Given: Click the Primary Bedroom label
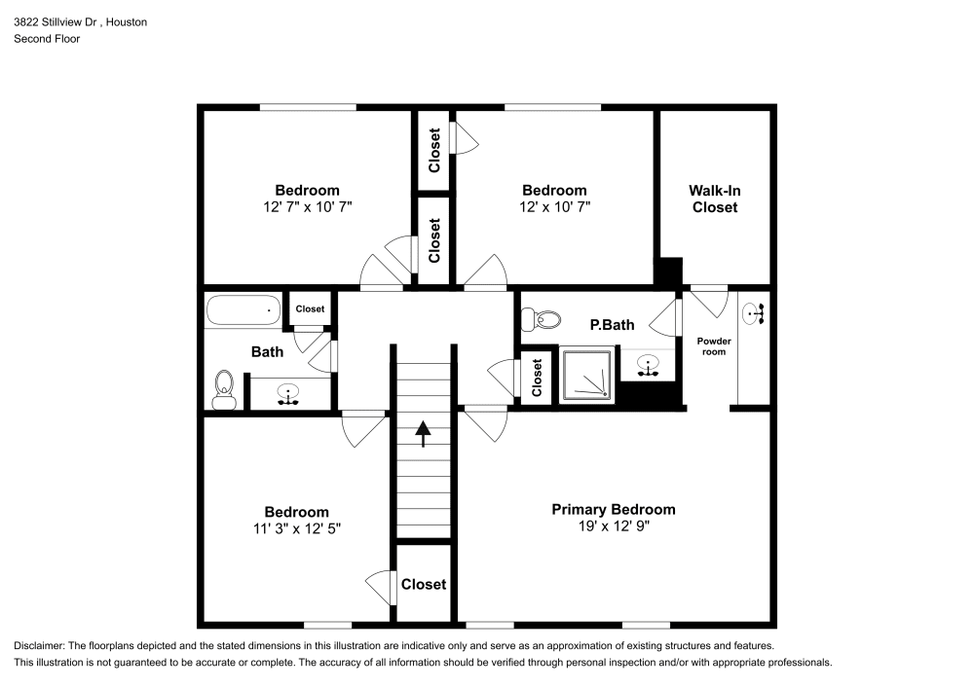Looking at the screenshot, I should point(613,509).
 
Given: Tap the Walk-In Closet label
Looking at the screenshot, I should point(714,199).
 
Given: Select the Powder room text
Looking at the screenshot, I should point(713,345).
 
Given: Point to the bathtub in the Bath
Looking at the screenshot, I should point(243,311).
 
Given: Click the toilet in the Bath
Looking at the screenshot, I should point(224,387).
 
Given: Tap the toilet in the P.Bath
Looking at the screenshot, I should point(542,319).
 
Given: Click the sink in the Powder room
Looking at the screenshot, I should point(753,313).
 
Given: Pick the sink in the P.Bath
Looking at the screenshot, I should point(649,367).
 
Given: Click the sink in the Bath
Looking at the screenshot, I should point(288,394).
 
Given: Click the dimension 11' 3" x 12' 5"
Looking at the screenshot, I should point(296,528).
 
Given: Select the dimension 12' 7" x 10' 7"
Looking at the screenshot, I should point(306,207).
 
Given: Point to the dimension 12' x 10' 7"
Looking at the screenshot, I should point(554,207).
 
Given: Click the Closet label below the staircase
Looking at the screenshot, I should point(424,584).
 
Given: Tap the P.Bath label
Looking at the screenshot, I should point(612,325).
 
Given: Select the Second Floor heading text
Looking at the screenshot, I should point(47,39).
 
